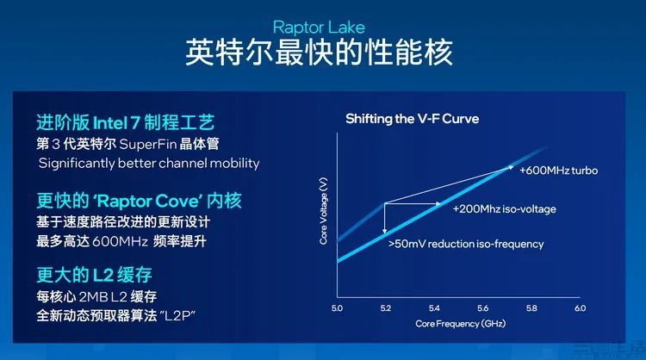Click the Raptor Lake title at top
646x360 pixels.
pyautogui.click(x=319, y=28)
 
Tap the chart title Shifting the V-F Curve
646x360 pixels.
pyautogui.click(x=412, y=119)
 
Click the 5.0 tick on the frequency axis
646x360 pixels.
pyautogui.click(x=337, y=308)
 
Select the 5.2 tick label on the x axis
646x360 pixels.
pyautogui.click(x=386, y=308)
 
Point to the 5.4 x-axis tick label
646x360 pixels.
pyautogui.click(x=434, y=308)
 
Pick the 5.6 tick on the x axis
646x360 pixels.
pyautogui.click(x=483, y=308)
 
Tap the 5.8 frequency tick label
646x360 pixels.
pyautogui.click(x=531, y=308)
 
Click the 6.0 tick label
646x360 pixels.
pyautogui.click(x=580, y=308)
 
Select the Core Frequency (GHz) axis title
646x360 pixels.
pyautogui.click(x=460, y=324)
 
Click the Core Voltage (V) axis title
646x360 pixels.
pyautogui.click(x=323, y=210)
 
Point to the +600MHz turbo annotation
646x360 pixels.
pyautogui.click(x=558, y=171)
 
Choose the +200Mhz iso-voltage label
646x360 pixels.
pyautogui.click(x=504, y=209)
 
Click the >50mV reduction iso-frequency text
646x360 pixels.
pyautogui.click(x=466, y=244)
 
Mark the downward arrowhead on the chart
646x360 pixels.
pyautogui.click(x=384, y=231)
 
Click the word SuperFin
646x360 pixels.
pyautogui.click(x=148, y=144)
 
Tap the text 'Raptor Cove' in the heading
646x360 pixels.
pyautogui.click(x=147, y=201)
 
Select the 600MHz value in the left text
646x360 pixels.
pyautogui.click(x=120, y=241)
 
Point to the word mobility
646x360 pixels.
pyautogui.click(x=234, y=164)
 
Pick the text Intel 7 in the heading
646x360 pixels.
pyautogui.click(x=117, y=123)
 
